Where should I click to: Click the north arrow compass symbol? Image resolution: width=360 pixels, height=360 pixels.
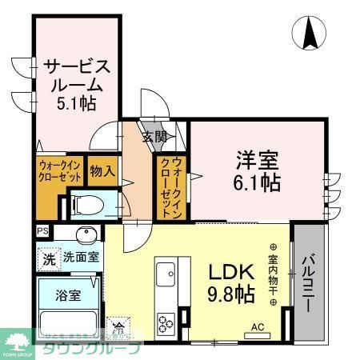pos(310,33)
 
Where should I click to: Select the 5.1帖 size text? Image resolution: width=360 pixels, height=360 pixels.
pos(76,103)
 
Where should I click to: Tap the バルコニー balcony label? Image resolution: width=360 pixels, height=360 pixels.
pos(308,283)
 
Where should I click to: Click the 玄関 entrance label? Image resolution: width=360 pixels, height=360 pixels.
pos(154,138)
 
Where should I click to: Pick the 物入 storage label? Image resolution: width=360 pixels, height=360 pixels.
pos(102,171)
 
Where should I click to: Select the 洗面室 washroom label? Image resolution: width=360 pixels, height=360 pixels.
pos(81,258)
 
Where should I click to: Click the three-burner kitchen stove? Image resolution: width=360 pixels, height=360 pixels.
pos(168,324)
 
